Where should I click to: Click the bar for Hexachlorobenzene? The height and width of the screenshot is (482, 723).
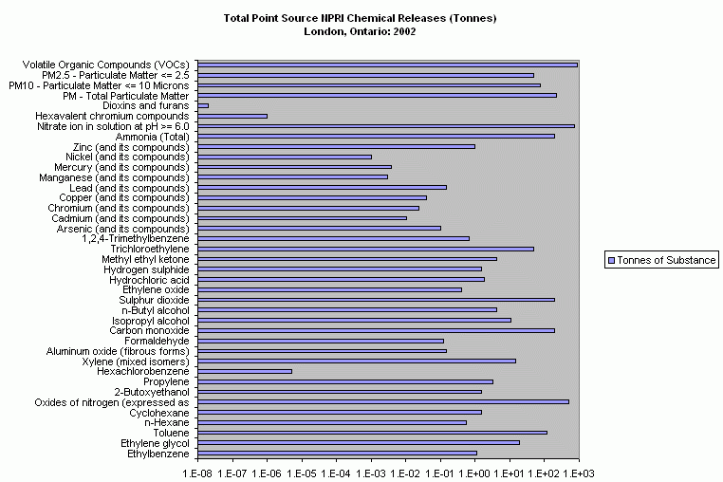point(243,371)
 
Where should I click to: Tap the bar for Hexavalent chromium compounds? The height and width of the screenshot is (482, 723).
point(232,116)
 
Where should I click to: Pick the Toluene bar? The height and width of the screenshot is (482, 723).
point(370,432)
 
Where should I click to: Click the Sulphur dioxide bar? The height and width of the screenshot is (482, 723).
point(374,300)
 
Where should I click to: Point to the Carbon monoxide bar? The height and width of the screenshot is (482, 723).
point(374,330)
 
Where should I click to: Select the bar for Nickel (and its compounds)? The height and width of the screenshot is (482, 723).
point(283,157)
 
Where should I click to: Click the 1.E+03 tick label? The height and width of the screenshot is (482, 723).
point(578,471)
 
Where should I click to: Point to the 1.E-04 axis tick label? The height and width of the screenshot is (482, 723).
point(336,471)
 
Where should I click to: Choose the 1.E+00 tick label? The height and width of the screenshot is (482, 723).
point(474,471)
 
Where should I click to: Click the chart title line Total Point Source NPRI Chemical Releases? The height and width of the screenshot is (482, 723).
point(361,18)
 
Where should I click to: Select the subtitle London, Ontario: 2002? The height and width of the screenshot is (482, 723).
point(360,31)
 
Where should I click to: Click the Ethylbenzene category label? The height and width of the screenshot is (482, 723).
point(158,454)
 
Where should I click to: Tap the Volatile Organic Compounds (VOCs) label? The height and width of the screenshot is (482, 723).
point(106,65)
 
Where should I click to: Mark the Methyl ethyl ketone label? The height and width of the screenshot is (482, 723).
point(145,259)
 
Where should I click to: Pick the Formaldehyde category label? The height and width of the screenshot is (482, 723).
point(157,341)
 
